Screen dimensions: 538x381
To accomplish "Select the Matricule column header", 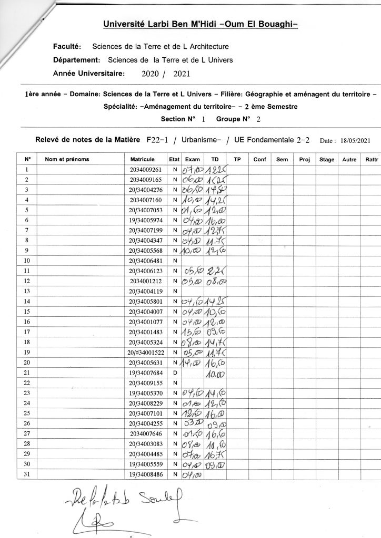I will pos(142,159).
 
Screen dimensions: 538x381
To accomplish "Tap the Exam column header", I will pos(193,159).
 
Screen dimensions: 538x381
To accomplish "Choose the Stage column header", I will pos(327,159).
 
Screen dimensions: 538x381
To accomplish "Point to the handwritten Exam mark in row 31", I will pos(192,474).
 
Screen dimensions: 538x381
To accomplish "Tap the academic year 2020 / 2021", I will pos(166,74).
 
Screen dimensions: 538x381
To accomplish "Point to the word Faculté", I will pos(66,47).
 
